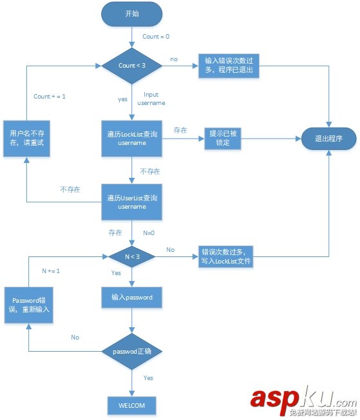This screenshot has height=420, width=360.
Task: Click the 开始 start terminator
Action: [x=132, y=14]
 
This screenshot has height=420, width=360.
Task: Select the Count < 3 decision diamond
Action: [x=132, y=66]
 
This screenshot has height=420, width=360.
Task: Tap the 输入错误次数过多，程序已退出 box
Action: [x=229, y=66]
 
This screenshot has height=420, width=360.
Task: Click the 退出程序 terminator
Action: [x=329, y=138]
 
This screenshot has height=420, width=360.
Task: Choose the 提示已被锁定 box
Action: [x=223, y=138]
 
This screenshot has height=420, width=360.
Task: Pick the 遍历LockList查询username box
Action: [x=132, y=138]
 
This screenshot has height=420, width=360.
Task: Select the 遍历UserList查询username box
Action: [x=132, y=202]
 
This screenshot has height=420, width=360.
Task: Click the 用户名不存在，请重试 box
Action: [x=26, y=138]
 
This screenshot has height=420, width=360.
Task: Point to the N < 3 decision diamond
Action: [x=132, y=256]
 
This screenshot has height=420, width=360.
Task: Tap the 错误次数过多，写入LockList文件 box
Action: [x=226, y=256]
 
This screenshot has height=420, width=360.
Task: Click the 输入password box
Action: [x=132, y=298]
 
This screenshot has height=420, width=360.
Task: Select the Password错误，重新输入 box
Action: [x=29, y=305]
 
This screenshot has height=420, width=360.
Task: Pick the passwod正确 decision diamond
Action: [x=132, y=352]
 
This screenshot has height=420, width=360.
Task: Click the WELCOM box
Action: [x=132, y=406]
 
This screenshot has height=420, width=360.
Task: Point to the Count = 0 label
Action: [x=156, y=37]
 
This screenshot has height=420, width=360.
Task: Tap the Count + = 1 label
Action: [x=50, y=97]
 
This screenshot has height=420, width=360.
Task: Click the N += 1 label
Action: [x=51, y=271]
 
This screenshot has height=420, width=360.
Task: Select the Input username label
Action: [x=151, y=99]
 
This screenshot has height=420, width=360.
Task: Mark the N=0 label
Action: [x=149, y=233]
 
